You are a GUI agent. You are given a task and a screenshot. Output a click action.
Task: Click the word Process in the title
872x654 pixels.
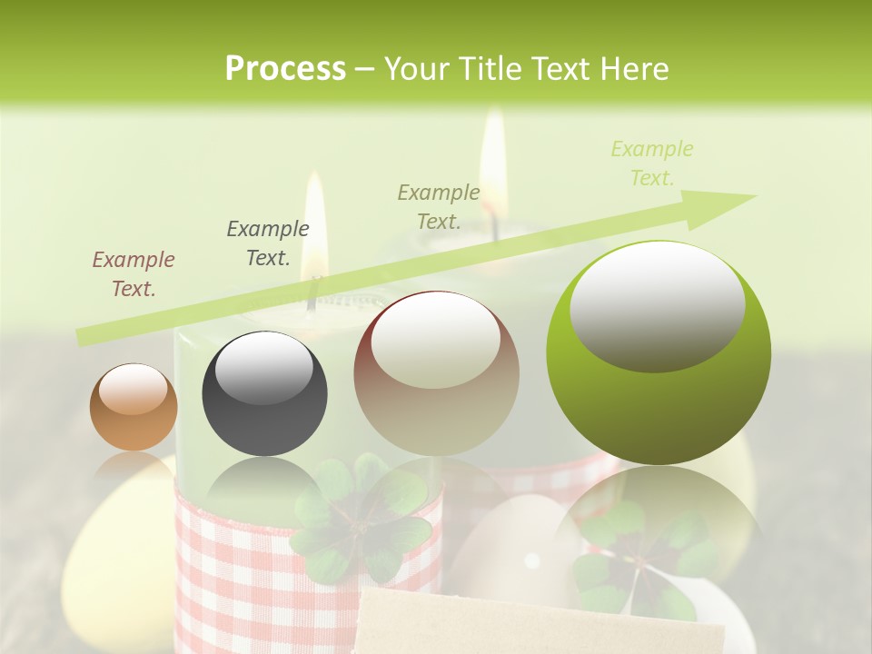tap(285, 69)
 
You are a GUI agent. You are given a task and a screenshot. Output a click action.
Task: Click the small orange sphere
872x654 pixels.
tap(134, 407)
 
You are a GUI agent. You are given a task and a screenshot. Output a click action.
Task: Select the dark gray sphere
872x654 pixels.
tap(264, 393)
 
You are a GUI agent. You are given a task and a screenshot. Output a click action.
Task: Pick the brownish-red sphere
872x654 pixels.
tap(436, 372)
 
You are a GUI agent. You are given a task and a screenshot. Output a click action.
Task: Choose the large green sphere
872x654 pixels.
tap(659, 352)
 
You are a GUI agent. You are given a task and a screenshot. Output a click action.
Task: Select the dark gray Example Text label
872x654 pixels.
tap(268, 243)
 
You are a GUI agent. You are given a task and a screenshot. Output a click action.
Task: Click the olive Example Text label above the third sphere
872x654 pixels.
tap(439, 206)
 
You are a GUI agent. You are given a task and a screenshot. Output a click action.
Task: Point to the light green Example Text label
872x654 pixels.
tap(652, 163)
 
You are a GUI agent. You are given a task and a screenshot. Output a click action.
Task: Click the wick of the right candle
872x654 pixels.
tap(495, 225)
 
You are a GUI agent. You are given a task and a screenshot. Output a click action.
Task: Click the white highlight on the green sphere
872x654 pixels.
tap(657, 304)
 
